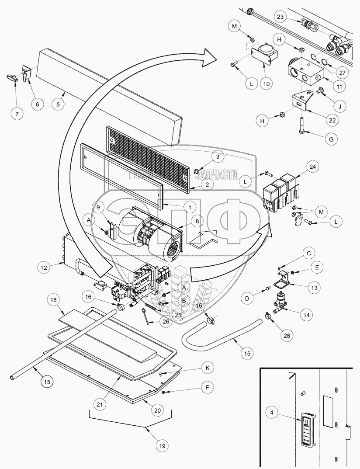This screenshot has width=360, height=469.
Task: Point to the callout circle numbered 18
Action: pos(53,301)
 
